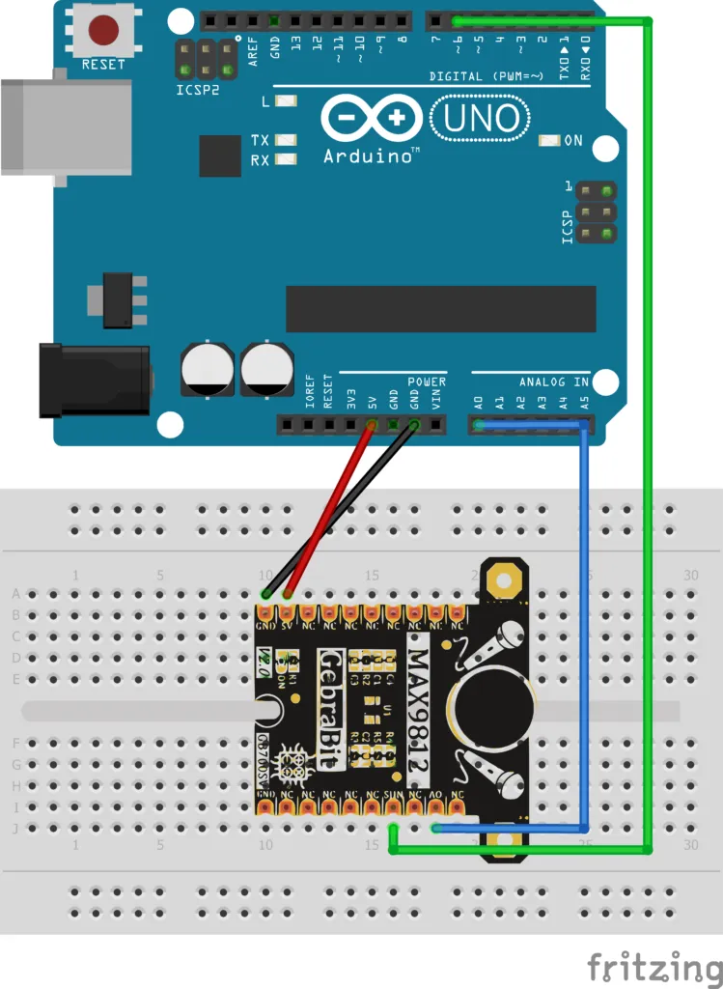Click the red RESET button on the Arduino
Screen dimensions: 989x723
103,30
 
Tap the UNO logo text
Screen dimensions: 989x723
482,118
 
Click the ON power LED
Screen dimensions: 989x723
550,140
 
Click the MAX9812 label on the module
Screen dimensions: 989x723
419,710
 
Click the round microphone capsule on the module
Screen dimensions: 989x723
493,709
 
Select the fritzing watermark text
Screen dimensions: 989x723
654,967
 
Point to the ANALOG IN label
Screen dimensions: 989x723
553,382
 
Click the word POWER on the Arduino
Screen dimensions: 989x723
426,382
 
